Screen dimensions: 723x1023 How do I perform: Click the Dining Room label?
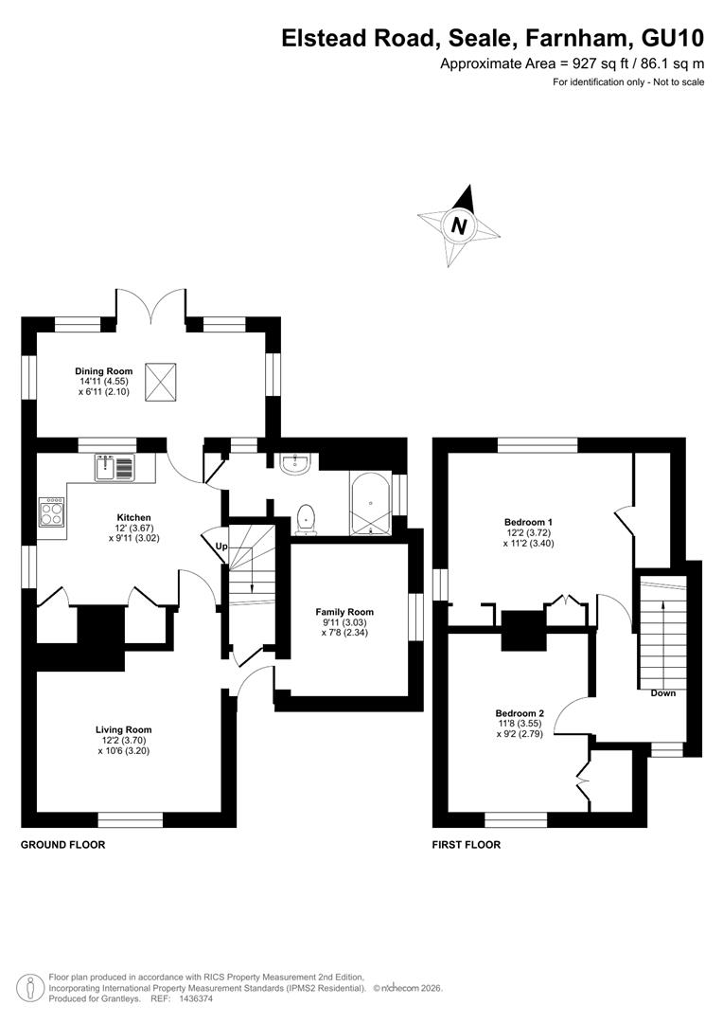pyautogui.click(x=104, y=371)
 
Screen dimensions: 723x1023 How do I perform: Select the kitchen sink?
pyautogui.click(x=115, y=468)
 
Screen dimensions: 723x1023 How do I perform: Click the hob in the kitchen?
pyautogui.click(x=52, y=512)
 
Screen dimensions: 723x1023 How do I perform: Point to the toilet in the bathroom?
pyautogui.click(x=305, y=519)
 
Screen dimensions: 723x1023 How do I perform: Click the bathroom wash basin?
pyautogui.click(x=298, y=463)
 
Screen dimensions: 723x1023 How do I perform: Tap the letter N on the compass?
pyautogui.click(x=460, y=225)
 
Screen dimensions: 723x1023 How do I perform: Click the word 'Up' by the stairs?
pyautogui.click(x=221, y=547)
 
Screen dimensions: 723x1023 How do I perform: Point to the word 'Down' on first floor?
pyautogui.click(x=663, y=692)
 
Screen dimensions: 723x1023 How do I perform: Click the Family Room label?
pyautogui.click(x=344, y=612)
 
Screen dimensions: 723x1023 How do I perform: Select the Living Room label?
pyautogui.click(x=124, y=730)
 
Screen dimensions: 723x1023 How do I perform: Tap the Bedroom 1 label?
pyautogui.click(x=529, y=522)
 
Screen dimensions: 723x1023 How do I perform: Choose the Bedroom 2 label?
pyautogui.click(x=520, y=714)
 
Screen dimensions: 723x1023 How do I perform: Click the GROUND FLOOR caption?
pyautogui.click(x=63, y=845)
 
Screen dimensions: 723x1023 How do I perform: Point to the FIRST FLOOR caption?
pyautogui.click(x=467, y=845)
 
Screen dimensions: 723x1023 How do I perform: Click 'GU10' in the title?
pyautogui.click(x=674, y=39)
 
